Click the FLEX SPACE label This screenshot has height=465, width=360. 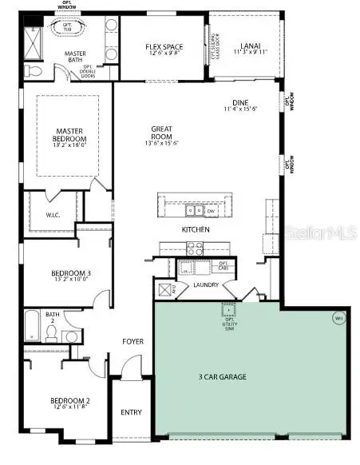pos(165,47)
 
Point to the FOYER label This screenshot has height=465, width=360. pos(133,341)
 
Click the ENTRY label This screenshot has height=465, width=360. pos(131,412)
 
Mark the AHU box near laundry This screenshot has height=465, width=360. pos(167,289)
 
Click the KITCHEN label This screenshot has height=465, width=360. pos(195,230)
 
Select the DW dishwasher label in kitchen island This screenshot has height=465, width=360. pos(212,211)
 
